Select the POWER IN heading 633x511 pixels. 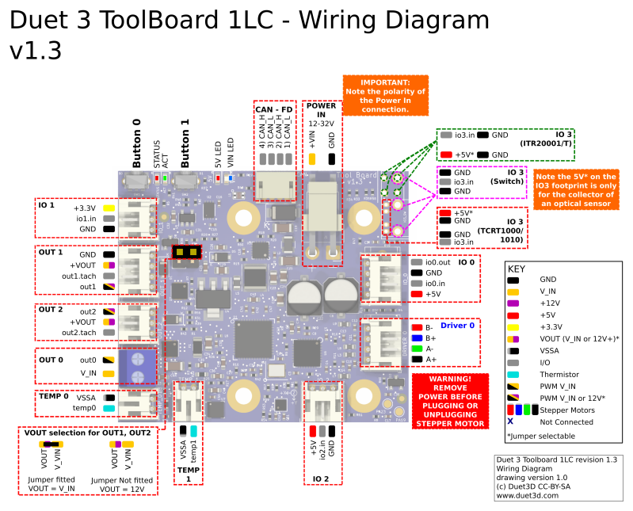click(322, 110)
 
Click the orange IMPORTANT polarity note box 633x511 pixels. click(385, 96)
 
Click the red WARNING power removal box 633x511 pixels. click(448, 401)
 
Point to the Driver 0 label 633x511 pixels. click(457, 326)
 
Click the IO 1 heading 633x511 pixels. click(47, 205)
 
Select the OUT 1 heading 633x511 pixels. click(51, 253)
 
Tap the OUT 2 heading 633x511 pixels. click(51, 310)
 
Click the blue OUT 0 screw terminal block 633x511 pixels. click(137, 366)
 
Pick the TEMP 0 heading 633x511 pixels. click(54, 395)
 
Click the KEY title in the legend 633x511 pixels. click(516, 269)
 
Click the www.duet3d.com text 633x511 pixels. click(527, 495)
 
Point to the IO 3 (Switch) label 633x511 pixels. click(516, 177)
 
